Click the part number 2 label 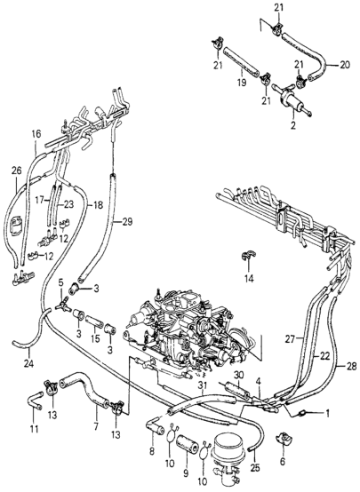(x=293, y=126)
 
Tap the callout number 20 (x=345, y=66)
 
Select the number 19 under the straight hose (x=242, y=83)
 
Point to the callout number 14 (x=250, y=278)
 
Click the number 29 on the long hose (x=127, y=222)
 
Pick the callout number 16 (x=36, y=134)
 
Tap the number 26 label (x=17, y=171)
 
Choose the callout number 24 (x=29, y=363)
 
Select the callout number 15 (x=95, y=338)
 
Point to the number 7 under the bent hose (x=96, y=427)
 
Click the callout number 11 (x=34, y=429)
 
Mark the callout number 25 (x=255, y=468)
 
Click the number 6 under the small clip (x=283, y=461)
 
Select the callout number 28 (x=352, y=366)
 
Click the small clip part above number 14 (x=247, y=256)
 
